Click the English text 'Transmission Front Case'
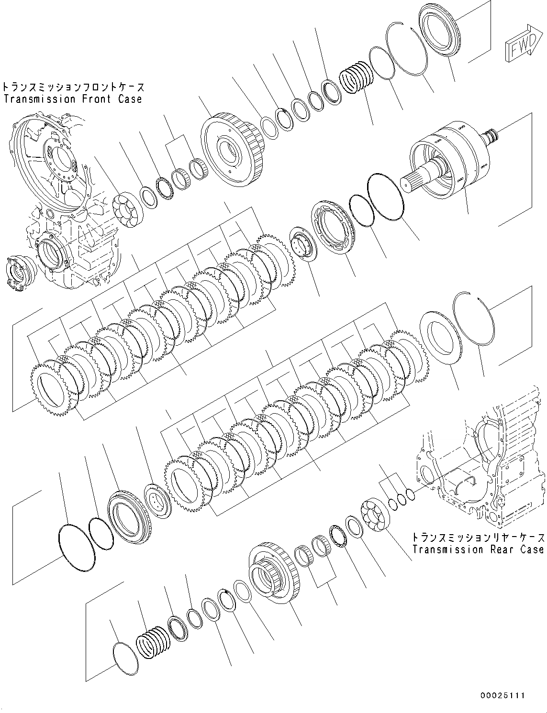pos(73,99)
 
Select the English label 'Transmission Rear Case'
pos(478,549)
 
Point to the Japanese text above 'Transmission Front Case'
pos(73,87)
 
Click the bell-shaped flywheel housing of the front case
pos(53,158)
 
